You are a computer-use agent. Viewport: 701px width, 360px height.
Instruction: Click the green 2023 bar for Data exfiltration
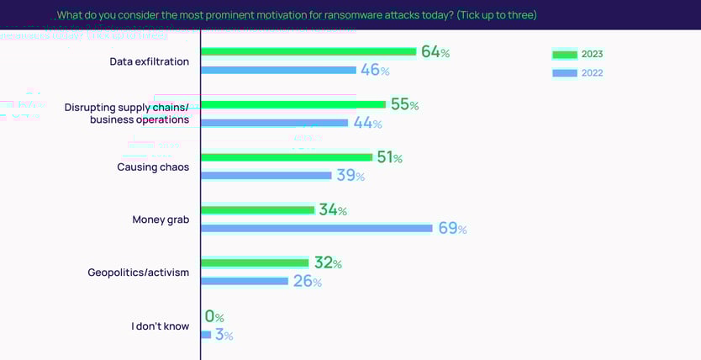point(308,52)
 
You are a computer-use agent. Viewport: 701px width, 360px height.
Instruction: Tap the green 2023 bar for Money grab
point(257,210)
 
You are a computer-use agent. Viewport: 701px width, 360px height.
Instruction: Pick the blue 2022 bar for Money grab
point(316,228)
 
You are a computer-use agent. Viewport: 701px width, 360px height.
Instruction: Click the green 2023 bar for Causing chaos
point(287,157)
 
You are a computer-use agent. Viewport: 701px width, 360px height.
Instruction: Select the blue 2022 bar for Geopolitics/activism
point(245,281)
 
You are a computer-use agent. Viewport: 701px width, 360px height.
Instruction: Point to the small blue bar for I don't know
point(206,335)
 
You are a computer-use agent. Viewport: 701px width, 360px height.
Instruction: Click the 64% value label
point(435,52)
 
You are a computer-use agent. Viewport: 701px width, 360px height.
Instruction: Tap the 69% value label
point(452,228)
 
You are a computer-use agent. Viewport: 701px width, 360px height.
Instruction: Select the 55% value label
point(404,105)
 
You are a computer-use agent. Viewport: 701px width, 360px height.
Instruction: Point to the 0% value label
point(214,317)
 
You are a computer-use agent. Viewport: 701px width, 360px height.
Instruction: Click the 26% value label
point(307,281)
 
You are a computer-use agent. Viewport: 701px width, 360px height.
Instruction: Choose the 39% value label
point(350,175)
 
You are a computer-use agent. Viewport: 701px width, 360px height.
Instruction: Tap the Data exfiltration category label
point(150,61)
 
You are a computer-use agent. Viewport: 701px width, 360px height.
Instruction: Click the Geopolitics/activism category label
point(139,273)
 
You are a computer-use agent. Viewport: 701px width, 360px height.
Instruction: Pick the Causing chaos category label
point(153,167)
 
